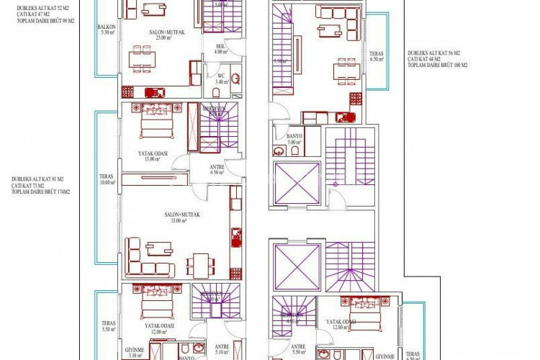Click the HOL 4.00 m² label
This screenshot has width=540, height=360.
coord(220,49)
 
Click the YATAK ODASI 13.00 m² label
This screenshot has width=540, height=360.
coord(153,156)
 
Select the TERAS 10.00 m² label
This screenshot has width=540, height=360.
coord(107,180)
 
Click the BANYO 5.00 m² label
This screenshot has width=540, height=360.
coord(294,139)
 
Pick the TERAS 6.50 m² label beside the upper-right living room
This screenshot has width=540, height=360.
coord(377,56)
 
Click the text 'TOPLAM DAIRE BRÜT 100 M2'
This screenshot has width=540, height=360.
coord(438,65)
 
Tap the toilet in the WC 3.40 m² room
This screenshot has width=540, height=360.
coord(235,79)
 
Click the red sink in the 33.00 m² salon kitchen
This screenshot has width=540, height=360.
coord(235,233)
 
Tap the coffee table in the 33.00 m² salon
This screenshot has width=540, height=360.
coord(158,248)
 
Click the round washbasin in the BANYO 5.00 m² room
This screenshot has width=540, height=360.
coord(279,151)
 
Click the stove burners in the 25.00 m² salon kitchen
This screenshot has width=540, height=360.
coord(127,92)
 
